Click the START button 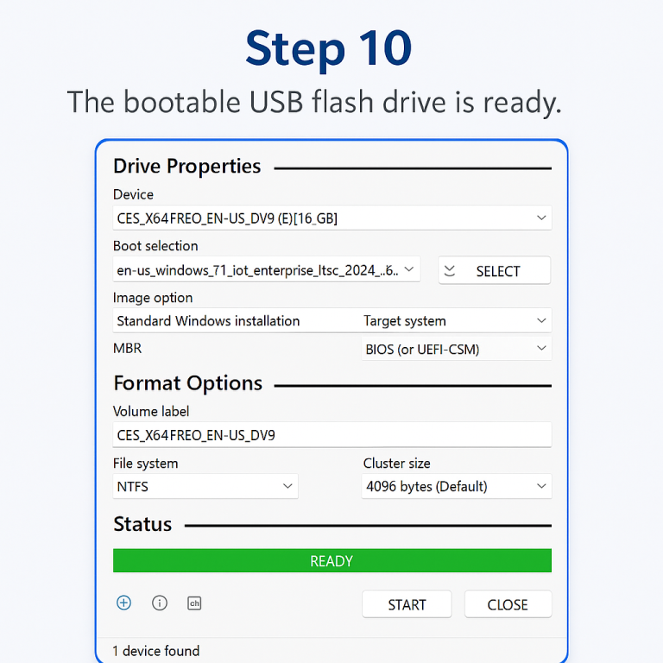click(x=407, y=604)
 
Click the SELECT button click(x=494, y=270)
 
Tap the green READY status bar click(x=331, y=560)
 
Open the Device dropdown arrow click(x=541, y=218)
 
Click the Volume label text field click(x=331, y=434)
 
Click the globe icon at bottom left click(x=123, y=603)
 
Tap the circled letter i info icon click(x=160, y=603)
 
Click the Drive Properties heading click(x=186, y=167)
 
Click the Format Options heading click(x=187, y=383)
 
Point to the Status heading click(x=142, y=524)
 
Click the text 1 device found click(x=156, y=651)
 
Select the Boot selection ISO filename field click(x=259, y=269)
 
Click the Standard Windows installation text click(x=208, y=320)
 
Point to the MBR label click(x=127, y=348)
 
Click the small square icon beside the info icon click(x=194, y=603)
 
